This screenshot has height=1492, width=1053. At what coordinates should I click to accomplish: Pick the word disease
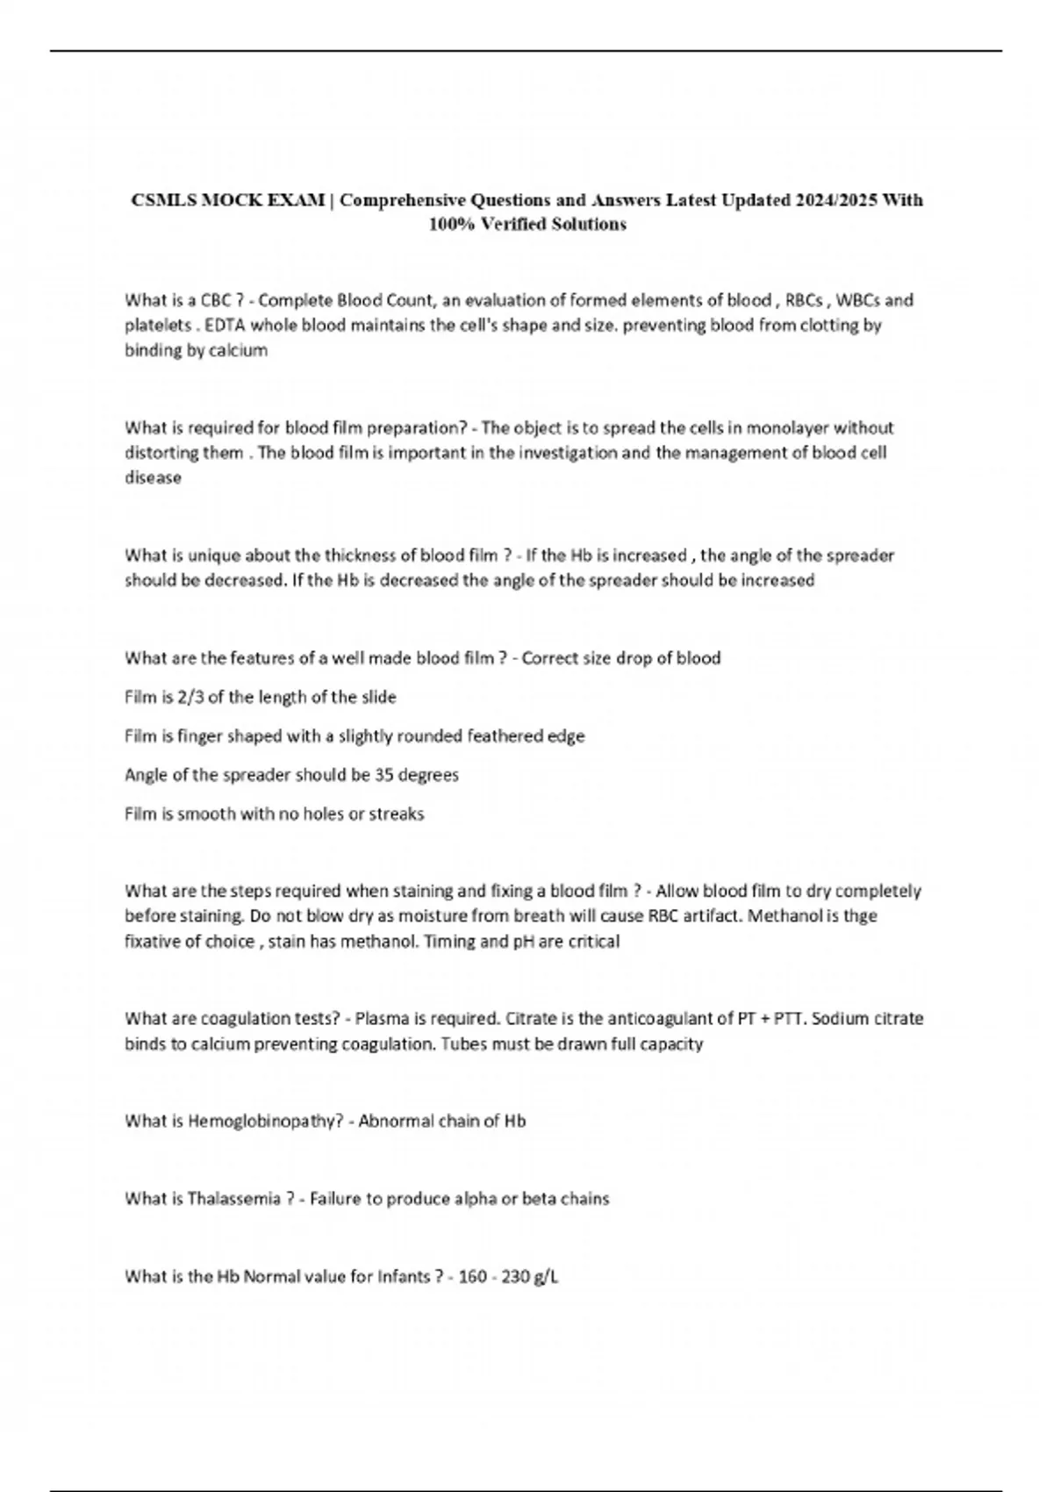click(x=153, y=478)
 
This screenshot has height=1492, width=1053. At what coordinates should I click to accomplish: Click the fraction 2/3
click(x=189, y=698)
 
